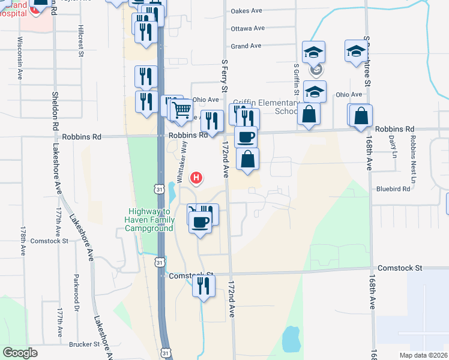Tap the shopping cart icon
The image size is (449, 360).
click(181, 110)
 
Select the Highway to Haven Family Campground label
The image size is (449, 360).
click(151, 220)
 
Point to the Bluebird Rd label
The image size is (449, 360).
click(393, 188)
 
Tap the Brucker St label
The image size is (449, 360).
click(84, 344)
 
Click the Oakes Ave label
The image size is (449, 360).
click(247, 11)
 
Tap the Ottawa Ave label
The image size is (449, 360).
click(248, 28)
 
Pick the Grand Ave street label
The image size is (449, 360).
click(246, 46)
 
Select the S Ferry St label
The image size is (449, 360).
click(224, 75)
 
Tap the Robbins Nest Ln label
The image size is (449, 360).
click(413, 158)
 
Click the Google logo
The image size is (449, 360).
click(20, 353)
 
